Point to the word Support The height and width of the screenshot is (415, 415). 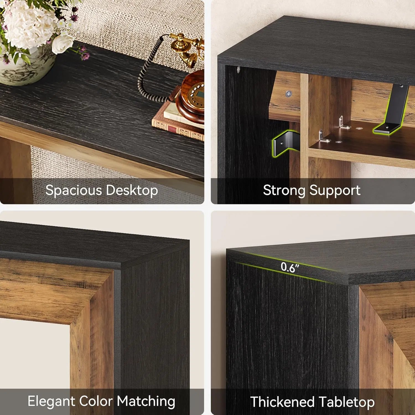(335, 190)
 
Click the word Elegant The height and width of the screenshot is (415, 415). (51, 401)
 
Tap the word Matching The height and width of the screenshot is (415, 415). (146, 401)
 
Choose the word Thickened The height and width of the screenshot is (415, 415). (282, 402)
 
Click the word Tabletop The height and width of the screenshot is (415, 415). (347, 402)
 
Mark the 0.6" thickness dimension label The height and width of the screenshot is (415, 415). (290, 267)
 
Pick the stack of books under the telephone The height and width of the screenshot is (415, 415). (177, 122)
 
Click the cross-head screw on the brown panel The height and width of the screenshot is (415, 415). (289, 94)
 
